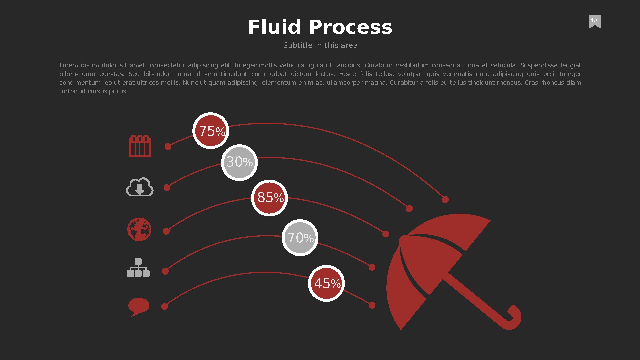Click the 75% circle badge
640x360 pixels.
coord(211,131)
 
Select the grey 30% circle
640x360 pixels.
coord(239,163)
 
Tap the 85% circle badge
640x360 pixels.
coord(269,198)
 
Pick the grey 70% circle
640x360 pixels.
coord(300,238)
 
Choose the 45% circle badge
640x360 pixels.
coord(326,283)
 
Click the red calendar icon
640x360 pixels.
coord(140,146)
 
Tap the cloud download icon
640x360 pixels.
coord(140,187)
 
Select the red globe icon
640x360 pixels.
coord(139,229)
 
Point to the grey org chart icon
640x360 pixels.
coord(138,267)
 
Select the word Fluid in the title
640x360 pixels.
coord(274,27)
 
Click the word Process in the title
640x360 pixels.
coord(351,27)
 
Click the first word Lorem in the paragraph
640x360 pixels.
coord(69,65)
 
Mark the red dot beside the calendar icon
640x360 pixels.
coord(168,147)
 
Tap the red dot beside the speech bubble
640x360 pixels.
coord(165,307)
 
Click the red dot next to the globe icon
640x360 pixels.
coord(166,231)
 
